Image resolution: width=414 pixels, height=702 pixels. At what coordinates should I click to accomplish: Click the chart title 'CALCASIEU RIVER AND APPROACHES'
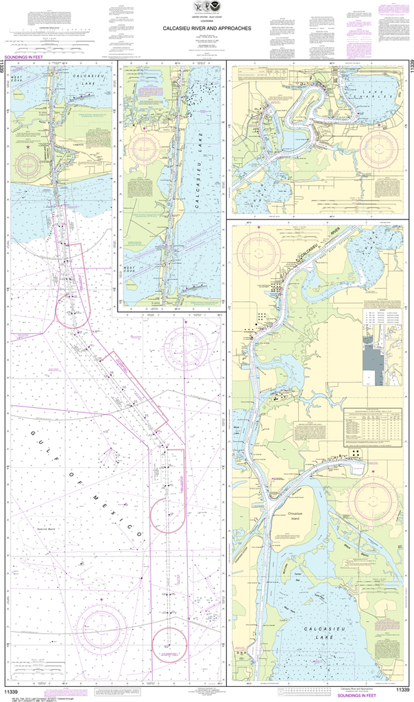206,29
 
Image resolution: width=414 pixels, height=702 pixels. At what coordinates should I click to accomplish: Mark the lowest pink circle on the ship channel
169,644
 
